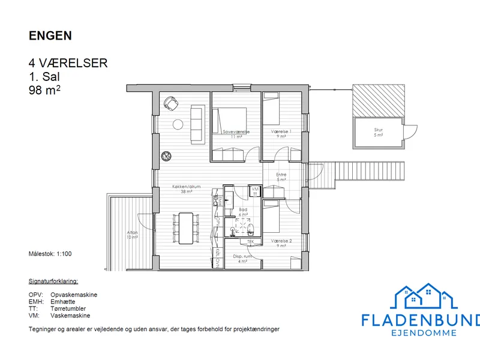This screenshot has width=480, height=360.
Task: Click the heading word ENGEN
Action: [50, 35]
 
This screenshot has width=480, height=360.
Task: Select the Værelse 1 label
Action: [281, 131]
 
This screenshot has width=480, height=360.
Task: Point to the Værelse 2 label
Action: [281, 241]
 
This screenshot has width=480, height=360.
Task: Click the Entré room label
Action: [281, 175]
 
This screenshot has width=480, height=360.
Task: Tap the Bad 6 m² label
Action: [243, 210]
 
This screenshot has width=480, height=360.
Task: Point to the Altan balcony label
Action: [132, 233]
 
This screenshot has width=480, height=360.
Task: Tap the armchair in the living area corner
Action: [171, 104]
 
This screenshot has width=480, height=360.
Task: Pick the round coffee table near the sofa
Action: [178, 125]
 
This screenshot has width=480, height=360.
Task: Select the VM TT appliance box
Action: [255, 191]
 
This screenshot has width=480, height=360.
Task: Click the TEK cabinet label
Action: [250, 242]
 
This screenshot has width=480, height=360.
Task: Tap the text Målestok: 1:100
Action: [50, 254]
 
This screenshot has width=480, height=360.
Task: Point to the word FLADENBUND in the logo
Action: [420, 320]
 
